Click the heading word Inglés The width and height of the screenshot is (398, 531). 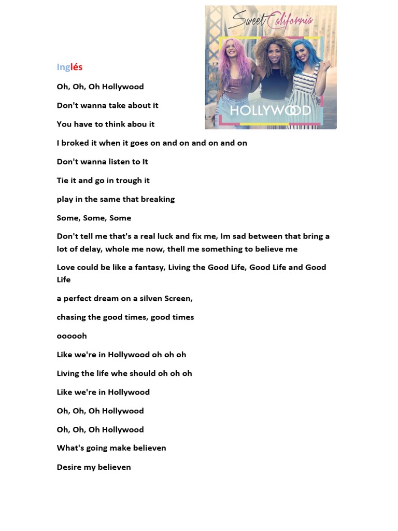pyautogui.click(x=69, y=67)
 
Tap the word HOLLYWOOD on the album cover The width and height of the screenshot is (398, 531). pyautogui.click(x=270, y=110)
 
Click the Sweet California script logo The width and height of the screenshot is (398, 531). pyautogui.click(x=270, y=21)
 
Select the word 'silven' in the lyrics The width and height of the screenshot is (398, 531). pyautogui.click(x=150, y=298)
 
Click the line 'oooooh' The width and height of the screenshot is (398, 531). pyautogui.click(x=72, y=336)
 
